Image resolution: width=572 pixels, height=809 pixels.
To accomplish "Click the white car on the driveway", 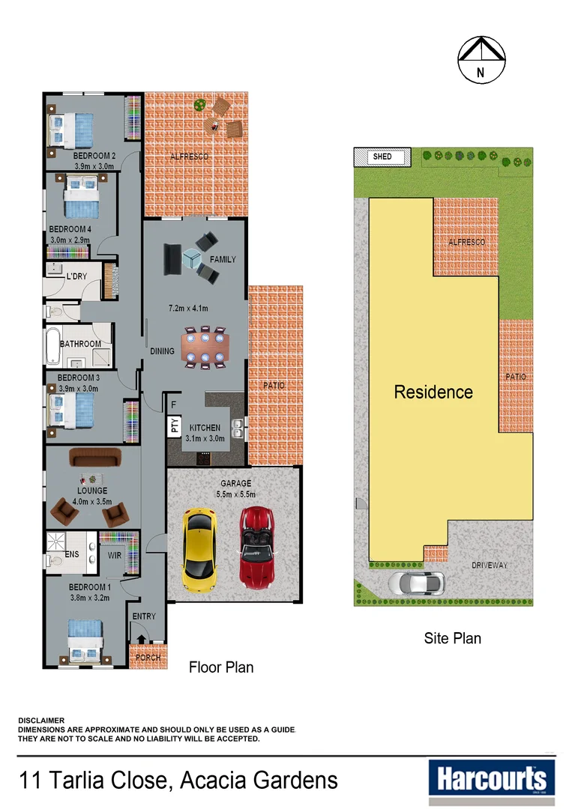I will point(416,582).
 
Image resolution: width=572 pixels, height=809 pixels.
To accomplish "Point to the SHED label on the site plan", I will point(382,157).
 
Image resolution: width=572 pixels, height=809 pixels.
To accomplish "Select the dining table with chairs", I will point(205,348).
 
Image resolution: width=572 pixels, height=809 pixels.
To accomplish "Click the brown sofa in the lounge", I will point(94,457).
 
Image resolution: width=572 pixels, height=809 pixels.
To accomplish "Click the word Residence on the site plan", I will point(433,392).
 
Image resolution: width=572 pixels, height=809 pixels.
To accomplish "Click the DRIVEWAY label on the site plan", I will point(490,566).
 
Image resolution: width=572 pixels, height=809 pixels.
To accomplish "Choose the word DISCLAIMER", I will point(41,721).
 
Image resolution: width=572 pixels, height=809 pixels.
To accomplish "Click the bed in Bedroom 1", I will point(85,639).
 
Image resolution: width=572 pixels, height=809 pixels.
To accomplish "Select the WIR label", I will point(115,557).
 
